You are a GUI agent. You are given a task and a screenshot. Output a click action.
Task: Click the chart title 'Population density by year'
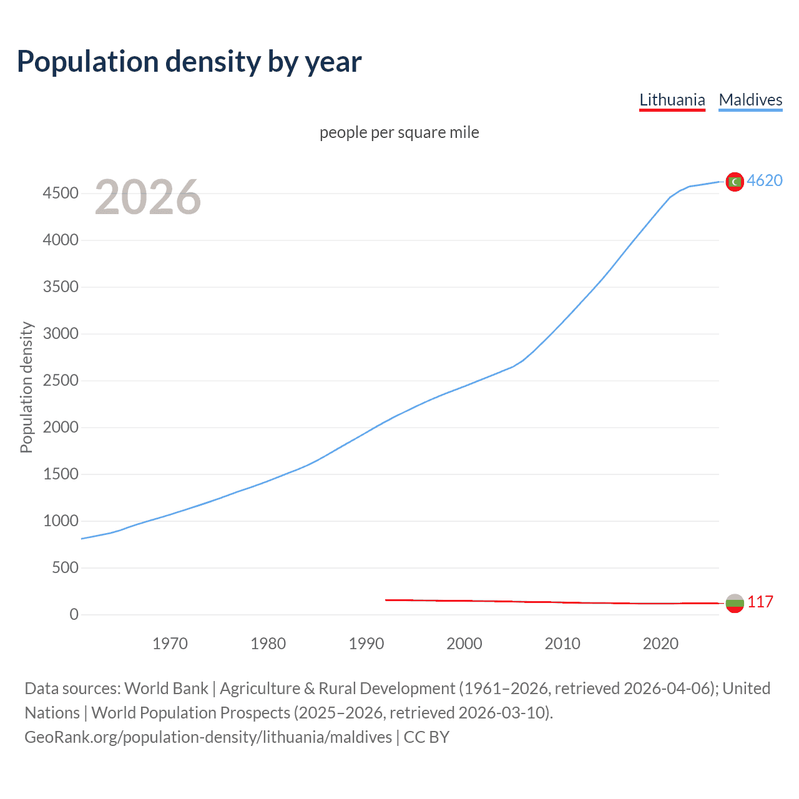(x=189, y=62)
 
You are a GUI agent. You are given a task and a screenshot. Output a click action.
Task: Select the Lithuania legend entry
(x=672, y=100)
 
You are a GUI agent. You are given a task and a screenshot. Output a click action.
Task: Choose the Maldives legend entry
(x=750, y=100)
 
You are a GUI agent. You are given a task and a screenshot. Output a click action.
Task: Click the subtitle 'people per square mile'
(x=399, y=132)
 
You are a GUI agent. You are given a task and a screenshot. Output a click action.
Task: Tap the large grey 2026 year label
(x=148, y=197)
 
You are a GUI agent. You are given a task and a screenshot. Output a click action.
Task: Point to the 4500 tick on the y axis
(x=61, y=194)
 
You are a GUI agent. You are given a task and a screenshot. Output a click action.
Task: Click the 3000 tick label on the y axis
(x=61, y=334)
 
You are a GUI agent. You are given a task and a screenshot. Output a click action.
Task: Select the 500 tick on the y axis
(x=65, y=568)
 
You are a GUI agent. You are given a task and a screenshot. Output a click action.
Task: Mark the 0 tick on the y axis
(x=74, y=615)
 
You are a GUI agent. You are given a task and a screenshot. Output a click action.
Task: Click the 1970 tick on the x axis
(x=170, y=644)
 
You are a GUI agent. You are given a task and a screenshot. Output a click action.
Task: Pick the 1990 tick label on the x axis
(x=366, y=644)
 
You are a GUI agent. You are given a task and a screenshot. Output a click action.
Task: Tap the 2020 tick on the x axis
(x=660, y=644)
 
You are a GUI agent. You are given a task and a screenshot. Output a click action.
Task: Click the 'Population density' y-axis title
(x=26, y=387)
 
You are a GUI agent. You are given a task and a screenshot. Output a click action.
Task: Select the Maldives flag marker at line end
(x=735, y=182)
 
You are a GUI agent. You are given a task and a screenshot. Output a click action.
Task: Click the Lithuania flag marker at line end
(x=735, y=603)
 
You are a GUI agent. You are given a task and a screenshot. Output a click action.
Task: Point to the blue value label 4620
(x=765, y=180)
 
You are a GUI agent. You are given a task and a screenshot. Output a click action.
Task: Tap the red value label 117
(x=760, y=602)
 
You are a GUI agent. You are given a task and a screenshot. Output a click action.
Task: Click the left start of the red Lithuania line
(x=386, y=600)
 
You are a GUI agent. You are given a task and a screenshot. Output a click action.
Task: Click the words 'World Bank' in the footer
(x=166, y=689)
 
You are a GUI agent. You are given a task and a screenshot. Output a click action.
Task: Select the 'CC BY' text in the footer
(x=426, y=737)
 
